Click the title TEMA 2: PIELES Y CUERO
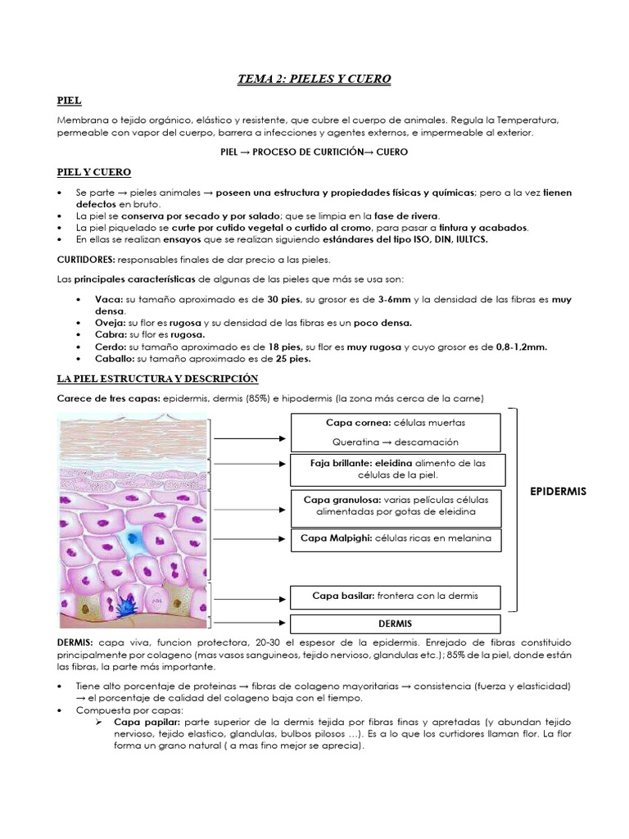[314, 79]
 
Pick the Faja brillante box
[396, 469]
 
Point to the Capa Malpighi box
[396, 538]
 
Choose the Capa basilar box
[396, 596]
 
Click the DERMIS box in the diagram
[396, 624]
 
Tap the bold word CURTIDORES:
[86, 260]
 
